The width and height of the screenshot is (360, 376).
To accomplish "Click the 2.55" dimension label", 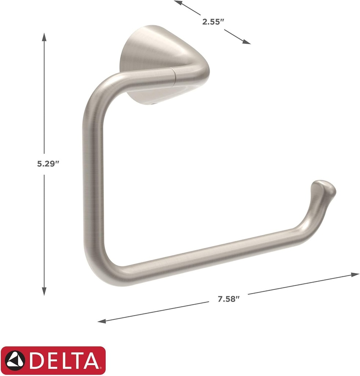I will click(213, 21).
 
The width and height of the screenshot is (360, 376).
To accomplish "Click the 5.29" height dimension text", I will click(48, 164).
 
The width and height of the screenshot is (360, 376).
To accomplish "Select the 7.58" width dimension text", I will click(228, 299).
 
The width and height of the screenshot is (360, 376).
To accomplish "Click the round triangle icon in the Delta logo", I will click(15, 360).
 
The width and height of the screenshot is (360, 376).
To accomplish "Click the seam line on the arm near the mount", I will click(175, 76).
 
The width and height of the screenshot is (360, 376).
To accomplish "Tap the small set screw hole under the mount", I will click(153, 105).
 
